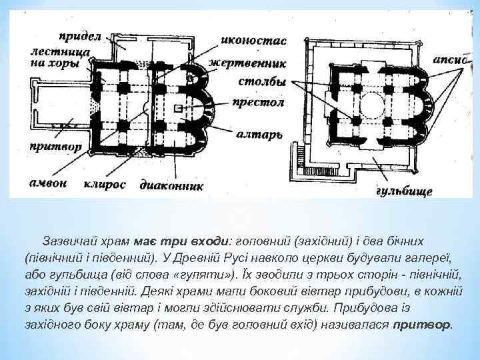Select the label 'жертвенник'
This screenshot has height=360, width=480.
click(x=247, y=63)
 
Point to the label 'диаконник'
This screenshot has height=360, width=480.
click(x=171, y=185)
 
